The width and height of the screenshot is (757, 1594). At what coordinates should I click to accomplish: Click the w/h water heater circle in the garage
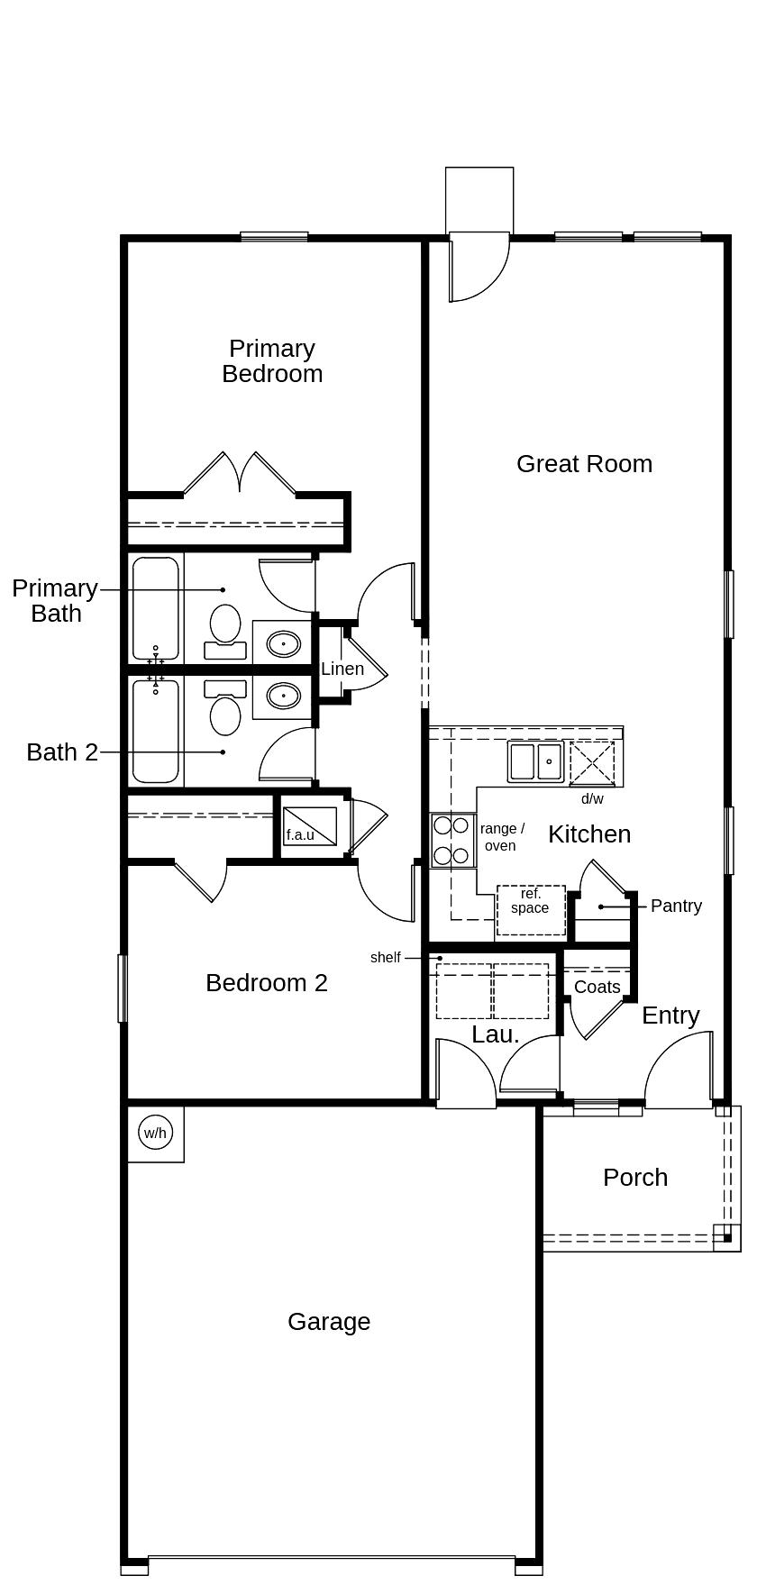click(x=155, y=1132)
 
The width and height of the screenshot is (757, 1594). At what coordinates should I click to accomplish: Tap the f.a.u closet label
click(x=300, y=835)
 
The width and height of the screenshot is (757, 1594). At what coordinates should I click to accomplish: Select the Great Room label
click(x=584, y=464)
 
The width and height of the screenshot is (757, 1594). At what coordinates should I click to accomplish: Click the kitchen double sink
click(x=535, y=762)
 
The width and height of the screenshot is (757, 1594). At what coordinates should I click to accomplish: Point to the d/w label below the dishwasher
click(x=592, y=799)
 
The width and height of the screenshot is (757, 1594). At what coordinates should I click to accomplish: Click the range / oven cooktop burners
click(x=452, y=840)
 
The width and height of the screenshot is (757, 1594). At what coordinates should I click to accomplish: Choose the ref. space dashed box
click(x=531, y=911)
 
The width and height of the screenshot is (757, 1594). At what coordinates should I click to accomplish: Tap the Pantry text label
click(x=676, y=906)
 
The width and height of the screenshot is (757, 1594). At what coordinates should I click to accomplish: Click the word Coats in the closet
click(x=597, y=988)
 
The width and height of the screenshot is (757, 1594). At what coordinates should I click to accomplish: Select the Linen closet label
click(x=342, y=669)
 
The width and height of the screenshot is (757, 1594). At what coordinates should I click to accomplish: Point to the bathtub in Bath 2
click(x=156, y=731)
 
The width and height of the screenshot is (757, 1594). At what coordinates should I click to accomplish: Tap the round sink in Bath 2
click(x=285, y=696)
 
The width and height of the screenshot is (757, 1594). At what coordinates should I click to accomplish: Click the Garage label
click(x=329, y=1322)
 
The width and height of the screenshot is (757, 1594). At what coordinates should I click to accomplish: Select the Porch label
click(x=635, y=1178)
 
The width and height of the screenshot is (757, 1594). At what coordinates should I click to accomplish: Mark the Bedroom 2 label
click(x=267, y=983)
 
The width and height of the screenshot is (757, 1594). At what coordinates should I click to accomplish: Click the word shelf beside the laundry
click(x=385, y=958)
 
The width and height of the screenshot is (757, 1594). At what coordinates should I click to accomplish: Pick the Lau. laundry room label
click(x=496, y=1034)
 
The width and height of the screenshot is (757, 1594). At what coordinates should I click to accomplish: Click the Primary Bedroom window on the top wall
click(x=274, y=237)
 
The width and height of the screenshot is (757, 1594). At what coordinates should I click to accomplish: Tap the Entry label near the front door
click(x=670, y=1016)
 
